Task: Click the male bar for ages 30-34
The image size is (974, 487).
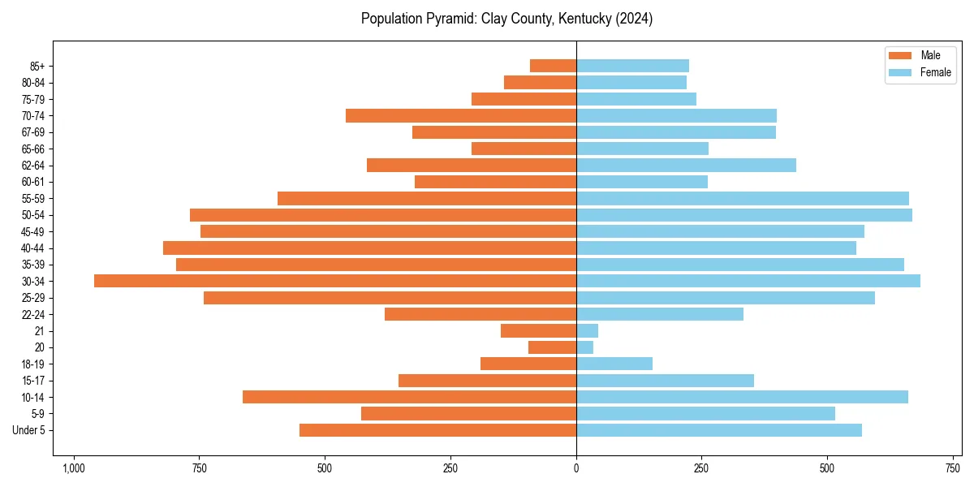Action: (x=335, y=281)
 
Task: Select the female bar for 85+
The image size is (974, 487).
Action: (x=632, y=66)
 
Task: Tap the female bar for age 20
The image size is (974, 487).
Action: (x=585, y=347)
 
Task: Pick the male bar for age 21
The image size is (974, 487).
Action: (x=539, y=330)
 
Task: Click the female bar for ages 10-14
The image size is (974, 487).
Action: (x=742, y=397)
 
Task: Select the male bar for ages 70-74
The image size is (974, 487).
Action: (x=461, y=115)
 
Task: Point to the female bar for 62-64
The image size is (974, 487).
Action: (x=686, y=165)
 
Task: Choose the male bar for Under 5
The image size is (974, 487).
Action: (x=438, y=430)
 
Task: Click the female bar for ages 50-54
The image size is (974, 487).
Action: (x=744, y=215)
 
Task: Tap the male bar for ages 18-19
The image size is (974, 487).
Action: (x=528, y=364)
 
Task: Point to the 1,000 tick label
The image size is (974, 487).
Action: (x=74, y=468)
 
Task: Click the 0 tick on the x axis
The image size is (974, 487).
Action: (x=576, y=468)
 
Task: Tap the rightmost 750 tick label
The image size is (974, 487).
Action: (x=952, y=468)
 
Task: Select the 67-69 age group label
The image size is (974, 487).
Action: (x=33, y=132)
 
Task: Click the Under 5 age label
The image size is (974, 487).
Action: (x=29, y=430)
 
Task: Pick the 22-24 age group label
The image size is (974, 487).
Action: (x=33, y=314)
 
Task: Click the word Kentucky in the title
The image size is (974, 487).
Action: (x=583, y=19)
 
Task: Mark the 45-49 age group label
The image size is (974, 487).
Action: (x=33, y=231)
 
